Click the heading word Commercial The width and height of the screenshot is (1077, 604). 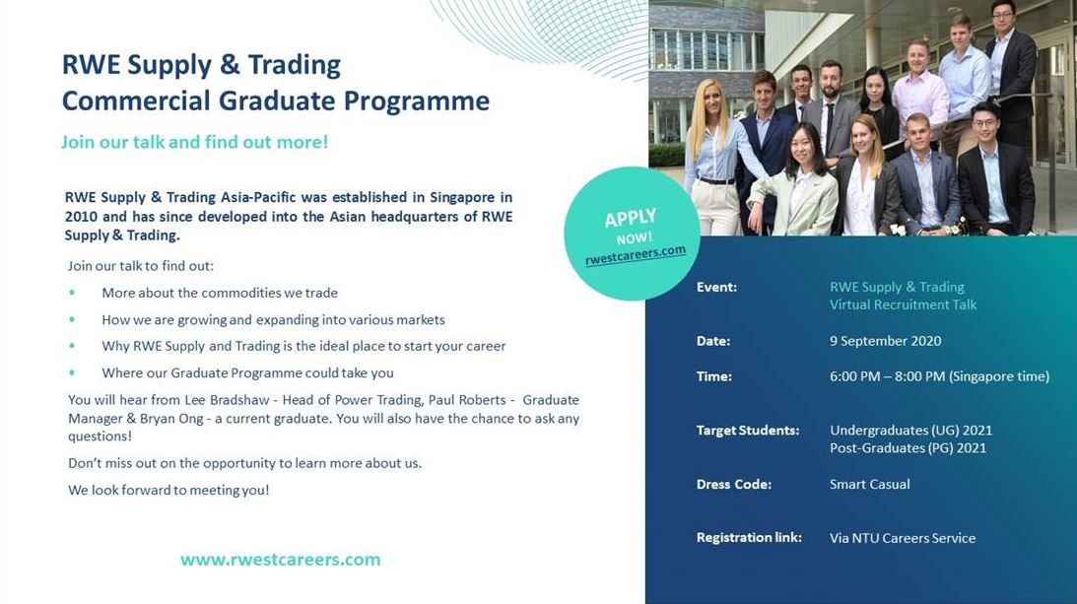[x=136, y=101]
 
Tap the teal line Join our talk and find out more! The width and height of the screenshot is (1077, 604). [x=194, y=142]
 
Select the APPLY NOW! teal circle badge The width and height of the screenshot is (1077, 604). [x=632, y=233]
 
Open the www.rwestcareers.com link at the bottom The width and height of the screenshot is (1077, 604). [x=280, y=560]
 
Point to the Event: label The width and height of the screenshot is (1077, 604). [x=716, y=288]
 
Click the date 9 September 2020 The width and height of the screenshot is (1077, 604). [x=885, y=341]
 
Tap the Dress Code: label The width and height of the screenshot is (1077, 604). [x=733, y=485]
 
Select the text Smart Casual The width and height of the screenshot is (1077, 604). [x=869, y=485]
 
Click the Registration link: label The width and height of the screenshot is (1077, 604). [x=749, y=538]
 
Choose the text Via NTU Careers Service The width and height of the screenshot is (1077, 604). [x=902, y=538]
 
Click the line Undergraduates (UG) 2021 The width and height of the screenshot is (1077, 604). [x=910, y=431]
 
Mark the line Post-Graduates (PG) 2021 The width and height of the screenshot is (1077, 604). [x=908, y=448]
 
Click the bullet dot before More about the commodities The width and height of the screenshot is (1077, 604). [x=72, y=294]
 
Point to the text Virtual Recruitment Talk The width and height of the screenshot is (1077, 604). [x=903, y=304]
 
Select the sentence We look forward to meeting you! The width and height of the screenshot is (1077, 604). [x=168, y=490]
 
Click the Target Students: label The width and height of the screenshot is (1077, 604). [x=747, y=431]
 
